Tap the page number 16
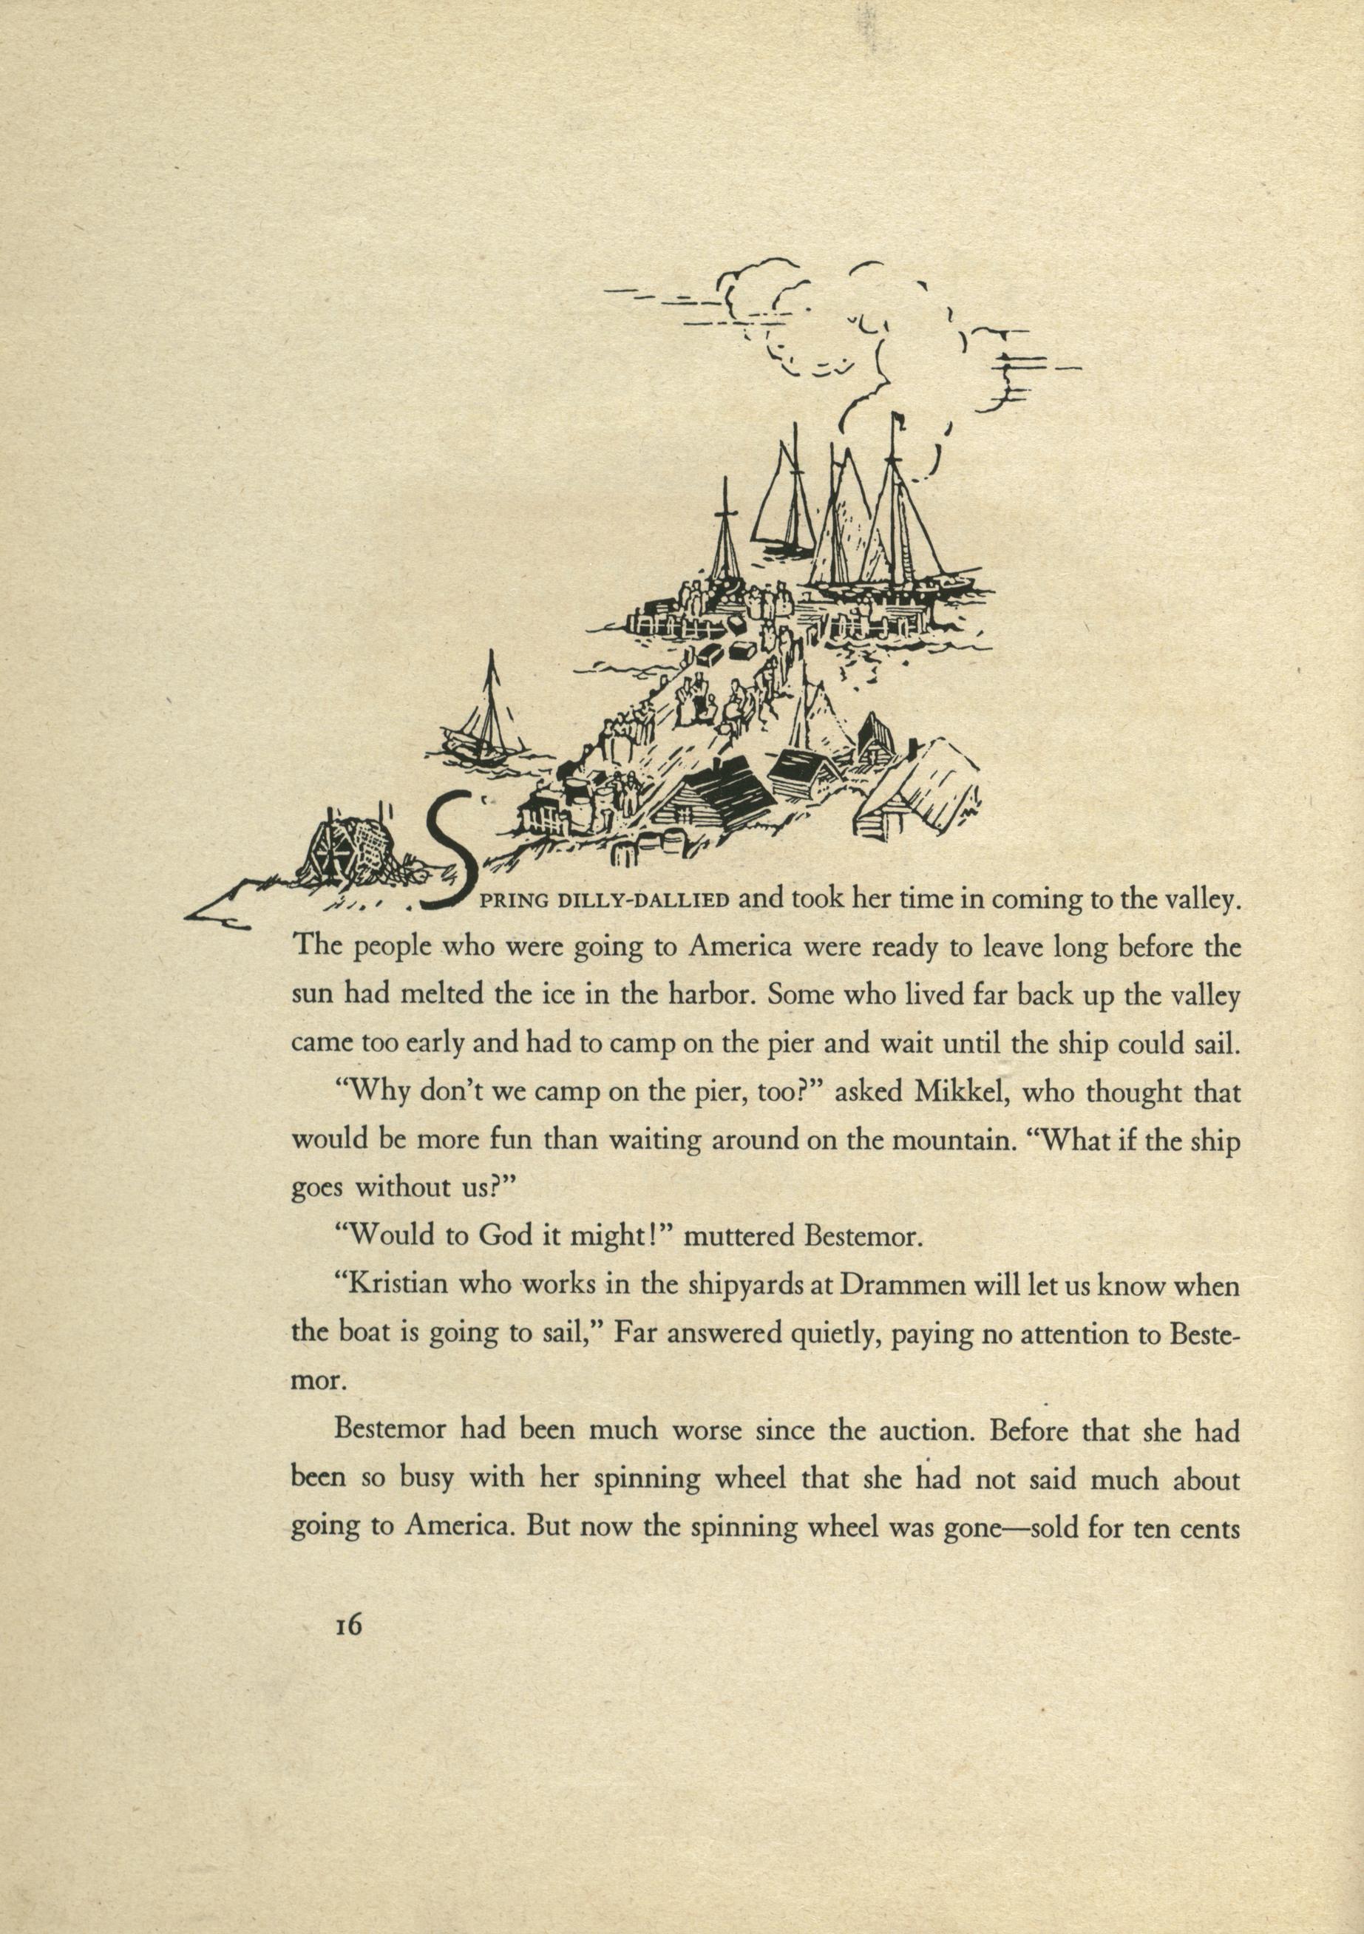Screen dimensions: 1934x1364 coord(347,1878)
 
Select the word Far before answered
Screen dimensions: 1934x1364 coord(634,1335)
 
